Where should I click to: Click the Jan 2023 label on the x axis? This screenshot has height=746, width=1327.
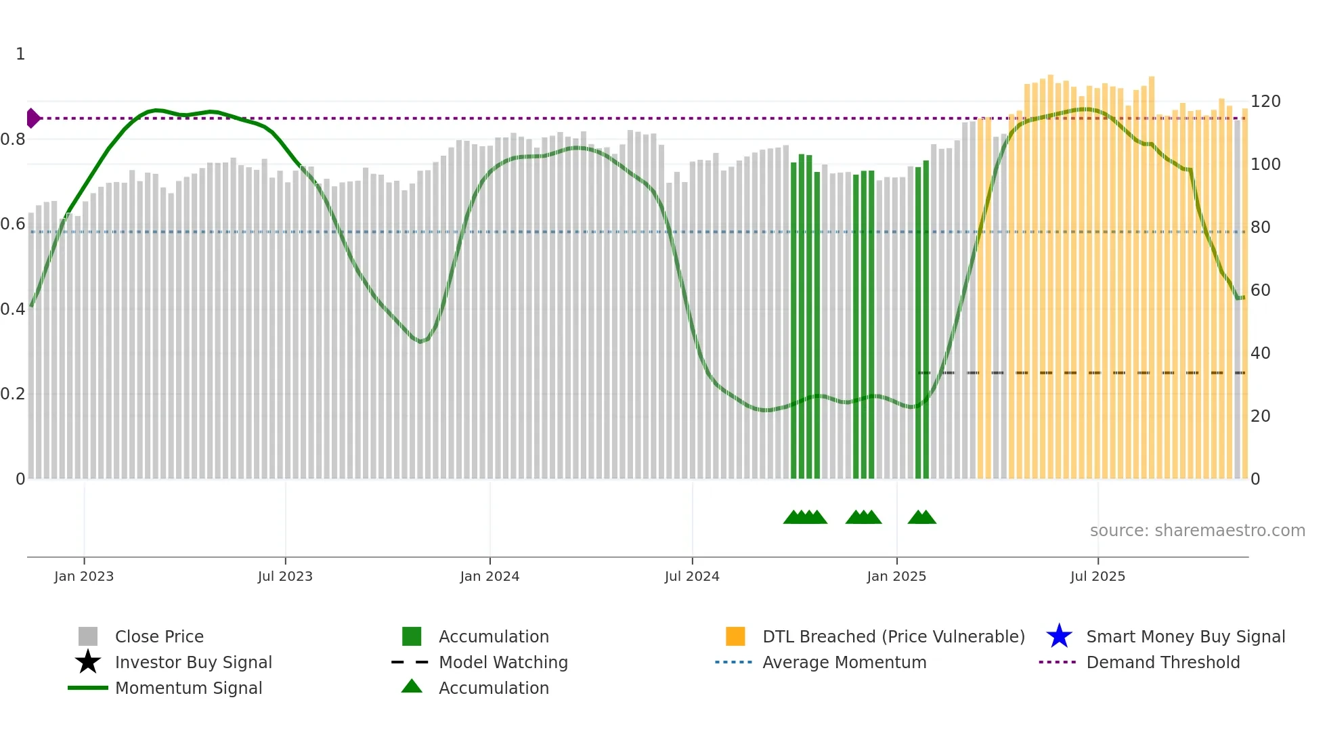pyautogui.click(x=84, y=576)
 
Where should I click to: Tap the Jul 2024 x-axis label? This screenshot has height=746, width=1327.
pyautogui.click(x=692, y=576)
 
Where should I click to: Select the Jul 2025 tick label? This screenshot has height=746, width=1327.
pyautogui.click(x=1097, y=576)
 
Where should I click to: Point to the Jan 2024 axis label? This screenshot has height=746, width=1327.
pyautogui.click(x=490, y=576)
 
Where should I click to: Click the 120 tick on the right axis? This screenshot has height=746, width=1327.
pyautogui.click(x=1265, y=102)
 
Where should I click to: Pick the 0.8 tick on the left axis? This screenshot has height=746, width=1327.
pyautogui.click(x=13, y=139)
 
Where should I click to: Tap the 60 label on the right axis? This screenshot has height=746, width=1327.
pyautogui.click(x=1261, y=290)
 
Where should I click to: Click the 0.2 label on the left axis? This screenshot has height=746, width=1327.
pyautogui.click(x=13, y=394)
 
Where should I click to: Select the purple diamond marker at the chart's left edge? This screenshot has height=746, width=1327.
pyautogui.click(x=32, y=118)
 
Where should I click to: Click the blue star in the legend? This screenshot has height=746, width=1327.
pyautogui.click(x=1059, y=636)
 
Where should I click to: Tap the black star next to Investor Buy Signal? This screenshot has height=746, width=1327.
pyautogui.click(x=88, y=662)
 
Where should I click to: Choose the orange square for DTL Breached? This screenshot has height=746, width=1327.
pyautogui.click(x=735, y=636)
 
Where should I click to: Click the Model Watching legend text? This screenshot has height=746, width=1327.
pyautogui.click(x=503, y=662)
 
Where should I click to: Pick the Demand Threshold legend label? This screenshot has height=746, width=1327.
pyautogui.click(x=1162, y=662)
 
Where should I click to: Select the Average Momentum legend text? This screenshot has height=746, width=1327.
pyautogui.click(x=844, y=662)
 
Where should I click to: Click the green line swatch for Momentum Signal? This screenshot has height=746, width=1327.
pyautogui.click(x=88, y=688)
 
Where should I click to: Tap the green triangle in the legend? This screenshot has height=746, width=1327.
pyautogui.click(x=412, y=686)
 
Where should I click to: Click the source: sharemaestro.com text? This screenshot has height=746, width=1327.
pyautogui.click(x=1197, y=531)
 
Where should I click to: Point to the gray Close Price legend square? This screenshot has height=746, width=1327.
pyautogui.click(x=88, y=636)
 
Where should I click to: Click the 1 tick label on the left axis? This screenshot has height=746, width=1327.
pyautogui.click(x=20, y=54)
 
